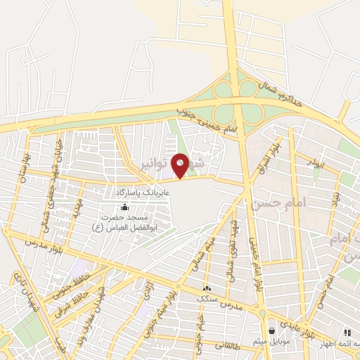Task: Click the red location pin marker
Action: pyautogui.click(x=181, y=165)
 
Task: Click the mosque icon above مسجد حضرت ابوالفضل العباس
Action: pyautogui.click(x=125, y=207)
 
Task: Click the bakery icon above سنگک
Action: pyautogui.click(x=207, y=288)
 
